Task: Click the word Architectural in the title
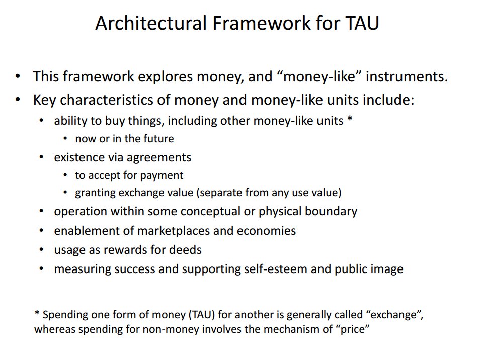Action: (151, 23)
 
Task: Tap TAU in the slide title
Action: (362, 23)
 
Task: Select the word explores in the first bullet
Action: (166, 77)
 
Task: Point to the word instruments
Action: (407, 76)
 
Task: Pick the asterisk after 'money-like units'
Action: (350, 118)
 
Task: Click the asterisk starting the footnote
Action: (37, 313)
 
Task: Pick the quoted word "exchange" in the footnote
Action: (394, 315)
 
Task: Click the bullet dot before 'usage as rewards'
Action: (41, 250)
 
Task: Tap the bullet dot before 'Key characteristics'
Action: (18, 100)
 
